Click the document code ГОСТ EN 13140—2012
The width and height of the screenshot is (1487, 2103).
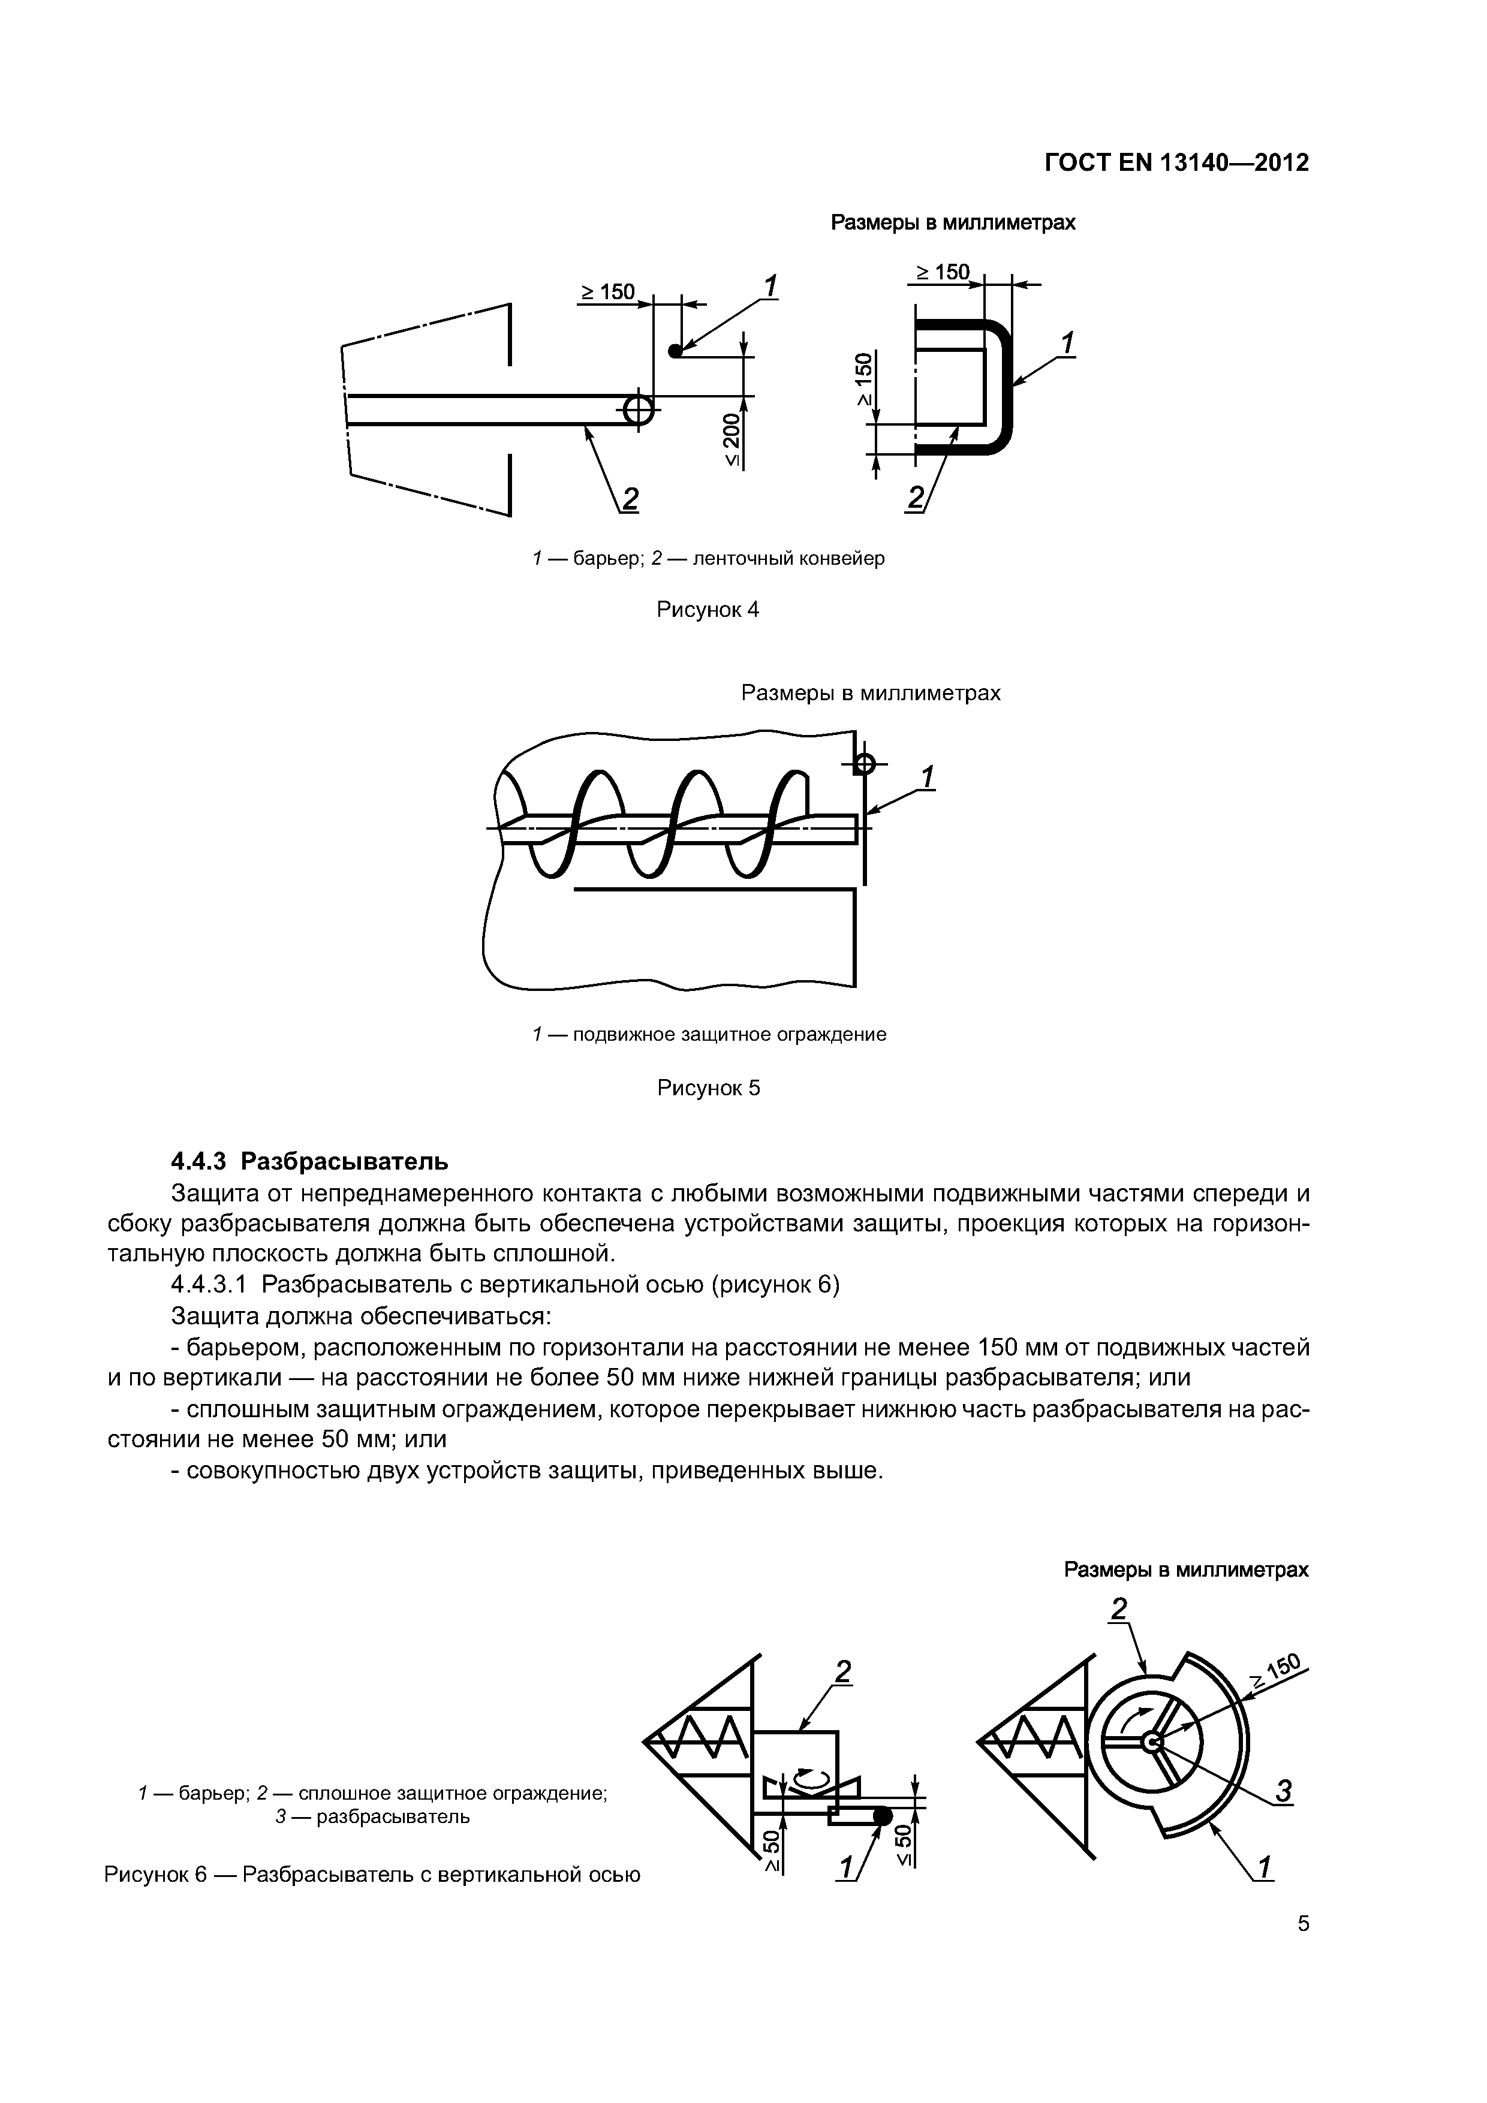(x=1176, y=163)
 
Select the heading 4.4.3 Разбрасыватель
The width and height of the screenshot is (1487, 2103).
(x=309, y=1161)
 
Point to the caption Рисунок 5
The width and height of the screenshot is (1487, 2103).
(x=708, y=1088)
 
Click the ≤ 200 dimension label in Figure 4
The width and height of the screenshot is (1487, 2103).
(x=731, y=439)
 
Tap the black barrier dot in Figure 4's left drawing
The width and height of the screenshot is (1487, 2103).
(x=675, y=351)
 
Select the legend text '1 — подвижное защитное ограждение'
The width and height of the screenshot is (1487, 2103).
(x=709, y=1034)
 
